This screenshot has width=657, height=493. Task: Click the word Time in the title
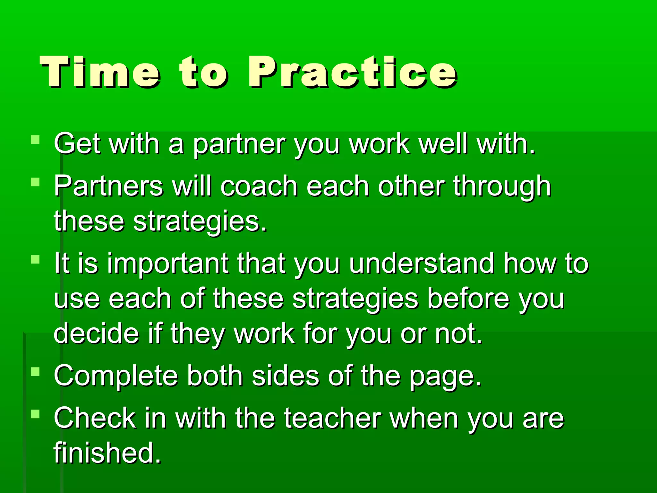(x=99, y=72)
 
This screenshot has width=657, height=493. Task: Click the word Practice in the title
(x=352, y=72)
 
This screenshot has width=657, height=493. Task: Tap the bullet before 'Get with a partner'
(x=35, y=140)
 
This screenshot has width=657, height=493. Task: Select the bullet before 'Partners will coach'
(x=35, y=182)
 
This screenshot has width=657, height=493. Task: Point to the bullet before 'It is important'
(x=35, y=259)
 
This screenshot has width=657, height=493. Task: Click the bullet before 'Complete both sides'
(x=35, y=372)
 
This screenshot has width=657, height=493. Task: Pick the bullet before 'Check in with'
(x=35, y=414)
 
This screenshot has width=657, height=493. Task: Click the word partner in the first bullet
(x=239, y=144)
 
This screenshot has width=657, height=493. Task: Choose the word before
(x=469, y=298)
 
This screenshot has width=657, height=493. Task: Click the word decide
(x=96, y=334)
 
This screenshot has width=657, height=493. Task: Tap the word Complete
(x=116, y=376)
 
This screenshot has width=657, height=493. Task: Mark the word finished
(x=107, y=453)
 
